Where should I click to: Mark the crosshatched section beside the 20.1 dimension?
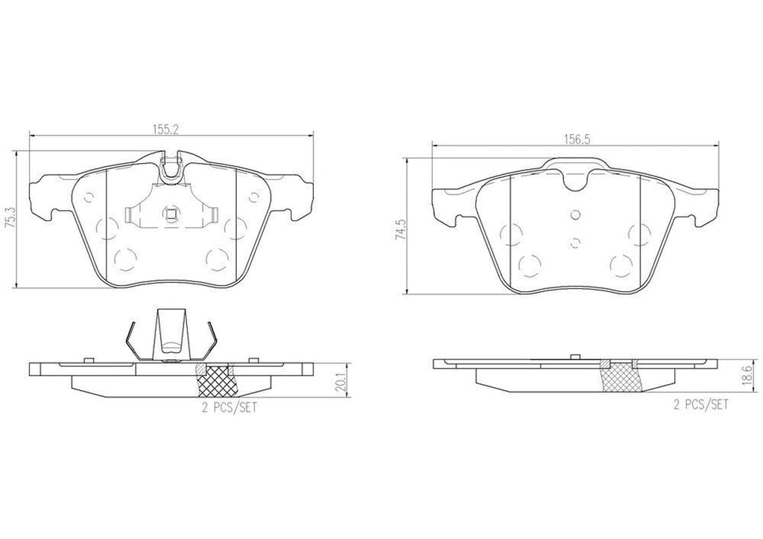215,383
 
